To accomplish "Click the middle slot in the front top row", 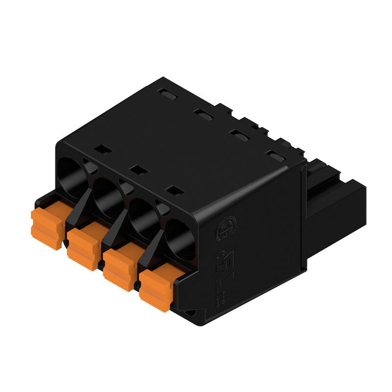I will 139,170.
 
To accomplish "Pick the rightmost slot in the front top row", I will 174,190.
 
